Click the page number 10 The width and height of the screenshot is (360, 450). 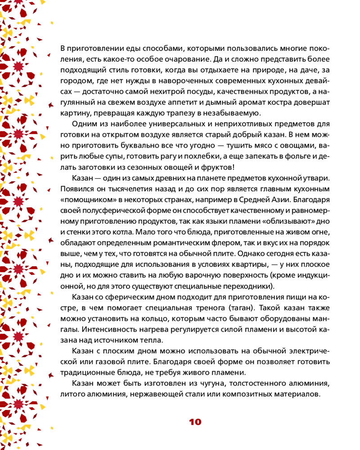195,422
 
